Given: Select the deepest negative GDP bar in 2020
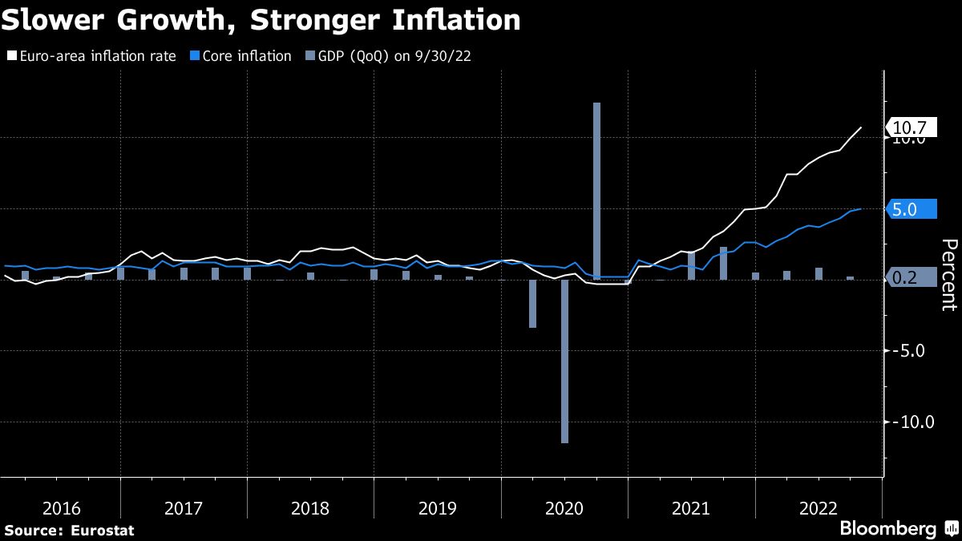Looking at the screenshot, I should [564, 361].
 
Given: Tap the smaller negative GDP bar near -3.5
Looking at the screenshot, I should [532, 304].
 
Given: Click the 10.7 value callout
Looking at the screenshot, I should [911, 127].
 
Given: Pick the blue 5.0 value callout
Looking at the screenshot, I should [911, 208].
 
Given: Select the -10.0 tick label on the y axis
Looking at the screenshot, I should [912, 422].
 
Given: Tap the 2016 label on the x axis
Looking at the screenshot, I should [61, 508].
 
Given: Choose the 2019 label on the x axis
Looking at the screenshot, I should [438, 508].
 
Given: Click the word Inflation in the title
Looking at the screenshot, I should [465, 19].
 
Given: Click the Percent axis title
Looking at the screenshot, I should [948, 274].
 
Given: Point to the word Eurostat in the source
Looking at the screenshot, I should [103, 530].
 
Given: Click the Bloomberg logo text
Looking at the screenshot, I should [887, 528].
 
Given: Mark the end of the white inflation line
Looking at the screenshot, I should [861, 127].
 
